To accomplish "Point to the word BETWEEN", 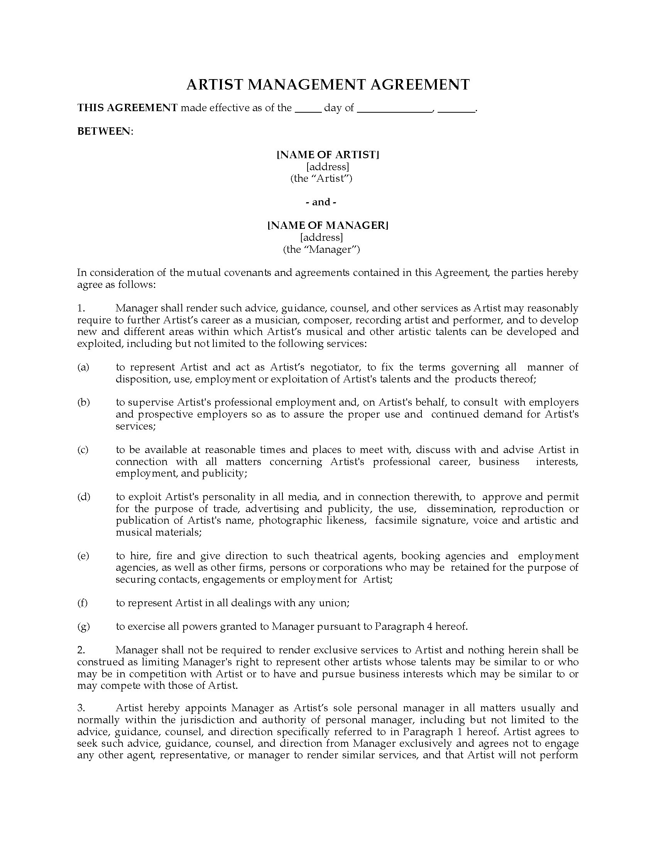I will pos(104,131).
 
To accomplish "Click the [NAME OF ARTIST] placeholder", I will pos(328,155).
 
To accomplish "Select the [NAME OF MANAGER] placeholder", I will pos(328,225).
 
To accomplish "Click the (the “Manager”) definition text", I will pos(321,249).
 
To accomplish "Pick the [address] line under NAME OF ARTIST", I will pos(328,167).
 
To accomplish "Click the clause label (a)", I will pos(83,367).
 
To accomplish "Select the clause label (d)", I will pos(84,497).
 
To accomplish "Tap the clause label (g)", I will pos(84,626).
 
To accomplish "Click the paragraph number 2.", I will pos(81,650).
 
